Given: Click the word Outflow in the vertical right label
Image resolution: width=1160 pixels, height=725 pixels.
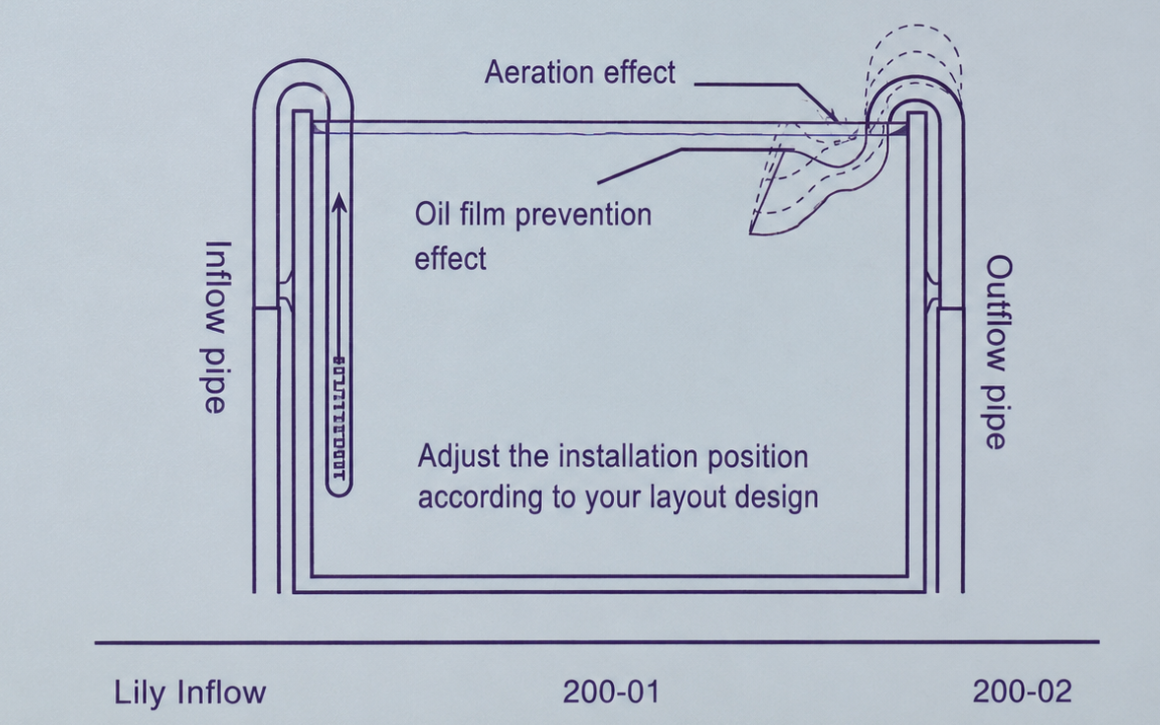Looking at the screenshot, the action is click(998, 313).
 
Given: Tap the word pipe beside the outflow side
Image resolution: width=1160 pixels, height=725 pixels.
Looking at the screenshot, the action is click(996, 417).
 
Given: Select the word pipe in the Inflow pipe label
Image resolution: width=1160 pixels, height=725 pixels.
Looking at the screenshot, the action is click(215, 379).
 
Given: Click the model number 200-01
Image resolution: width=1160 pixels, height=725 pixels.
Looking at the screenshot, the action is click(611, 692).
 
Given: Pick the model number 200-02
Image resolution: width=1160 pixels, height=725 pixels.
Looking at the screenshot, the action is click(1022, 692).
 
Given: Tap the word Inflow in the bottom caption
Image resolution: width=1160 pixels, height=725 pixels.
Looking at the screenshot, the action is click(221, 693).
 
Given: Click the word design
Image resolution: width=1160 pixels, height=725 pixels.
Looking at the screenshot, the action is click(776, 497).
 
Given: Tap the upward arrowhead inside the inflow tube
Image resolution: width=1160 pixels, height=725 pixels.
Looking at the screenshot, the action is click(339, 203).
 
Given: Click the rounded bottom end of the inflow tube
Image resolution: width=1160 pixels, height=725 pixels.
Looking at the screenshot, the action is click(339, 489).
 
